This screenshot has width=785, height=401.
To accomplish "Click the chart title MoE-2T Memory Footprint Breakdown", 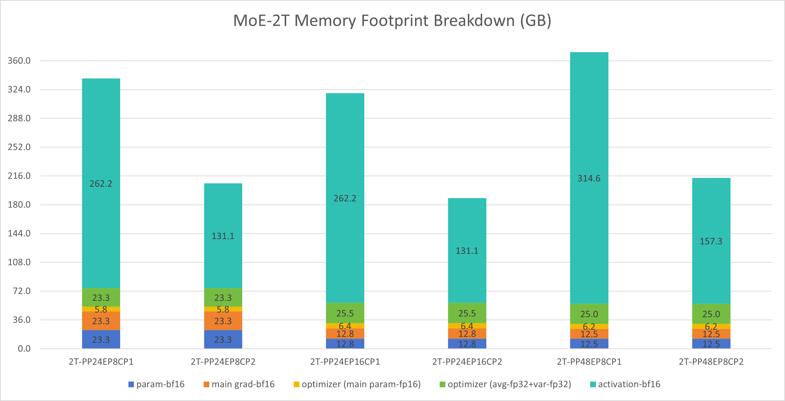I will pyautogui.click(x=392, y=21).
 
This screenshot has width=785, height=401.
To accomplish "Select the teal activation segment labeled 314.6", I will pyautogui.click(x=589, y=178).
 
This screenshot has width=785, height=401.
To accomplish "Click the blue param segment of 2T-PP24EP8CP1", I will pyautogui.click(x=101, y=339).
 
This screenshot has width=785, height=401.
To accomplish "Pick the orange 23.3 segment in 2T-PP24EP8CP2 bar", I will pyautogui.click(x=223, y=321).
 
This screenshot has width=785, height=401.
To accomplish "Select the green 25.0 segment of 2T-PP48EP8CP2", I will pyautogui.click(x=711, y=314).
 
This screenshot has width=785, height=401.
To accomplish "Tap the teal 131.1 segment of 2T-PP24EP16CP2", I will pyautogui.click(x=467, y=250).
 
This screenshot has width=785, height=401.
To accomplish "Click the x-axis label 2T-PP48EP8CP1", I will pyautogui.click(x=589, y=362).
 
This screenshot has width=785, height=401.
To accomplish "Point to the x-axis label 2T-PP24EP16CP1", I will pyautogui.click(x=345, y=362).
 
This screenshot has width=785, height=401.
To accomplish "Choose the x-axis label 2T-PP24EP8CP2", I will pyautogui.click(x=223, y=362).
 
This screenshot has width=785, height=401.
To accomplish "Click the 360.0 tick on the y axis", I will pyautogui.click(x=19, y=61).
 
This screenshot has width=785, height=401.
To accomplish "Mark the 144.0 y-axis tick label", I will pyautogui.click(x=19, y=234).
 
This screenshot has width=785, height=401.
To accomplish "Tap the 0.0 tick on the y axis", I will pyautogui.click(x=24, y=349).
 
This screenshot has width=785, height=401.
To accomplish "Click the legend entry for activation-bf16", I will pyautogui.click(x=629, y=384).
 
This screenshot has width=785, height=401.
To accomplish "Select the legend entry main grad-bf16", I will pyautogui.click(x=243, y=384).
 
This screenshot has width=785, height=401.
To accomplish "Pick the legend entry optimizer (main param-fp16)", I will pyautogui.click(x=361, y=384).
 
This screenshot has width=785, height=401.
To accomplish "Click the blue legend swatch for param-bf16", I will pyautogui.click(x=131, y=385).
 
